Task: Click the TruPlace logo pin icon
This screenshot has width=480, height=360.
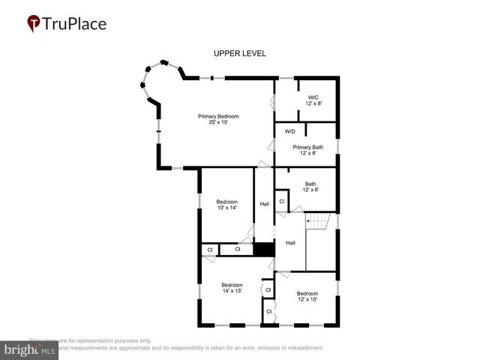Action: click(x=34, y=24)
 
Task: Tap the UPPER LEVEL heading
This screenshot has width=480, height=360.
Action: click(x=240, y=53)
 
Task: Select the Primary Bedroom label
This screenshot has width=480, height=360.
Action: click(x=218, y=116)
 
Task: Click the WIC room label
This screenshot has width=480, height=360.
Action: click(x=313, y=97)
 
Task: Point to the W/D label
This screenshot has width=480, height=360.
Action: click(x=290, y=132)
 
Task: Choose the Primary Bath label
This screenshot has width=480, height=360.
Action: click(x=307, y=147)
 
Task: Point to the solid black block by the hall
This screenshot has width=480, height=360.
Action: click(x=263, y=250)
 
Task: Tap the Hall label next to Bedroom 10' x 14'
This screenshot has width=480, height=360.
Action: click(x=264, y=204)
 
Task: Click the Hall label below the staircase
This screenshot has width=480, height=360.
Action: click(x=290, y=242)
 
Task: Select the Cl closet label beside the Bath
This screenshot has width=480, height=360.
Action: click(x=282, y=202)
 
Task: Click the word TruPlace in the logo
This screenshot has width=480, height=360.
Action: click(x=75, y=24)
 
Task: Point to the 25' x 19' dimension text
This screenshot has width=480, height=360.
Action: click(x=218, y=122)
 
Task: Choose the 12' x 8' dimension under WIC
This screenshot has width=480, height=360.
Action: click(x=313, y=103)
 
